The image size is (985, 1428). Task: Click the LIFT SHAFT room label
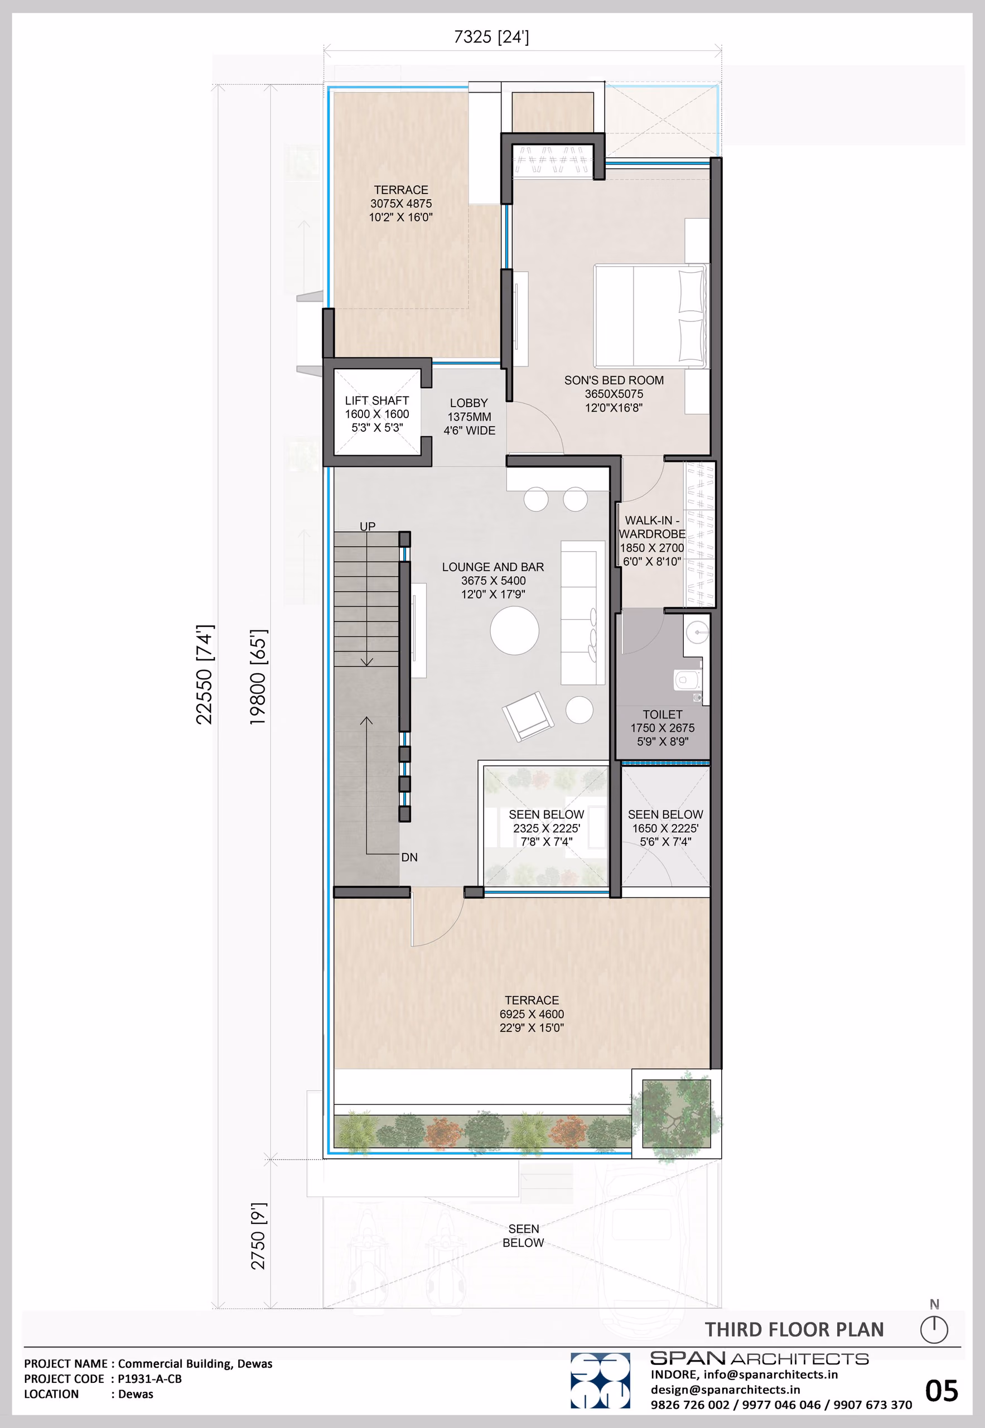376,401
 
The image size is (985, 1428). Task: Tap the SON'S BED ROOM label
614,380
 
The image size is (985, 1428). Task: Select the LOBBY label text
469,403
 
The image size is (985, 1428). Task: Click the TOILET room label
662,714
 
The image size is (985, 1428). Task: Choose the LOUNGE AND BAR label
493,567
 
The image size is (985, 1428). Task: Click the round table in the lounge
514,631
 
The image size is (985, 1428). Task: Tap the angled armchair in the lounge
528,716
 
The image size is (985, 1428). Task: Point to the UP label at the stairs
367,527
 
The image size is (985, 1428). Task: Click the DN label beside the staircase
409,857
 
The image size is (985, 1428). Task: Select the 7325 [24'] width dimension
491,37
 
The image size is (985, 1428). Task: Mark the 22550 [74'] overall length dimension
204,674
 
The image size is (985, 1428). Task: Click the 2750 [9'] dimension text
258,1236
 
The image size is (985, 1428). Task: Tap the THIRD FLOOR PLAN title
794,1329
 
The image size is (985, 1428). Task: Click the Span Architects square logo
600,1381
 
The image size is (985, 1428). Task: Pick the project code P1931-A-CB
150,1378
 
